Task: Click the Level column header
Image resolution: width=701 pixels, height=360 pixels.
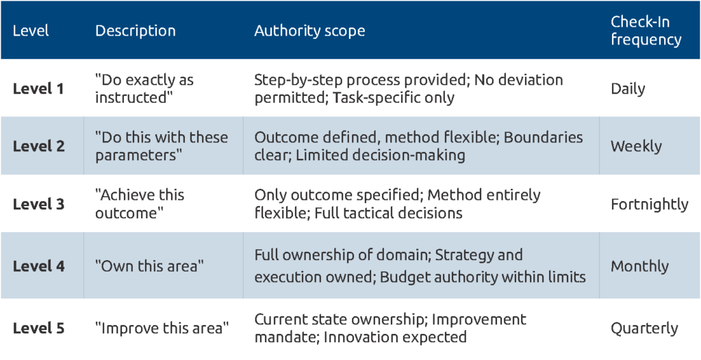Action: point(31,30)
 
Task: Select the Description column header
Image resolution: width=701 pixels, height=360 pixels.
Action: point(136,31)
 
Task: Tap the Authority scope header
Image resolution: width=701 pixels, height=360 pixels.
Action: point(310,31)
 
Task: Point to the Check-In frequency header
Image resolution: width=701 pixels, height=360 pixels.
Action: point(646,30)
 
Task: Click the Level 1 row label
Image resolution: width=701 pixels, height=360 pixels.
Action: point(38,88)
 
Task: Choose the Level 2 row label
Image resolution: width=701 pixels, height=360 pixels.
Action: point(38,146)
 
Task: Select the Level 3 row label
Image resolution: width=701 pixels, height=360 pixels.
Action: point(38,204)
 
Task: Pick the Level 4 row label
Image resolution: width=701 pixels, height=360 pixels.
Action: point(38,266)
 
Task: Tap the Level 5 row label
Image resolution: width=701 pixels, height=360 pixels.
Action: point(38,329)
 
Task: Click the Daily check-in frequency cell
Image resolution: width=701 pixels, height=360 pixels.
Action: point(628,89)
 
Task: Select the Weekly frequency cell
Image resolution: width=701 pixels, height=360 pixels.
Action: point(636,146)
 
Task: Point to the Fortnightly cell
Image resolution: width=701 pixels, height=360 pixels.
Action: point(650,205)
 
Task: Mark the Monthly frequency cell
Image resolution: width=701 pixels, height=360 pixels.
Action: point(640,266)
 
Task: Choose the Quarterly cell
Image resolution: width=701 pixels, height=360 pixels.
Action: point(644,329)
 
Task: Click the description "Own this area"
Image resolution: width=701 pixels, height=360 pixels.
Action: point(149,266)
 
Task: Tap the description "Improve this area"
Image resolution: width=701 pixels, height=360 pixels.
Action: point(162,329)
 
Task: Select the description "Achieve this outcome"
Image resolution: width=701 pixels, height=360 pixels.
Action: point(140,204)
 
